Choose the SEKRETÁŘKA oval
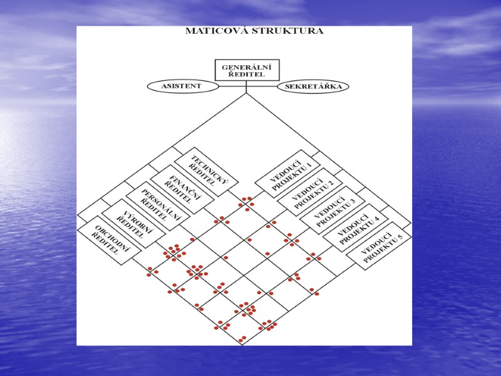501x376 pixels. [313, 86]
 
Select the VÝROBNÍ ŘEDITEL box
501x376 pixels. [133, 220]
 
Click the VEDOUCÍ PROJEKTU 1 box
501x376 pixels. [287, 174]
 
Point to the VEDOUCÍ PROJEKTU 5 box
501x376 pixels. [378, 246]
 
